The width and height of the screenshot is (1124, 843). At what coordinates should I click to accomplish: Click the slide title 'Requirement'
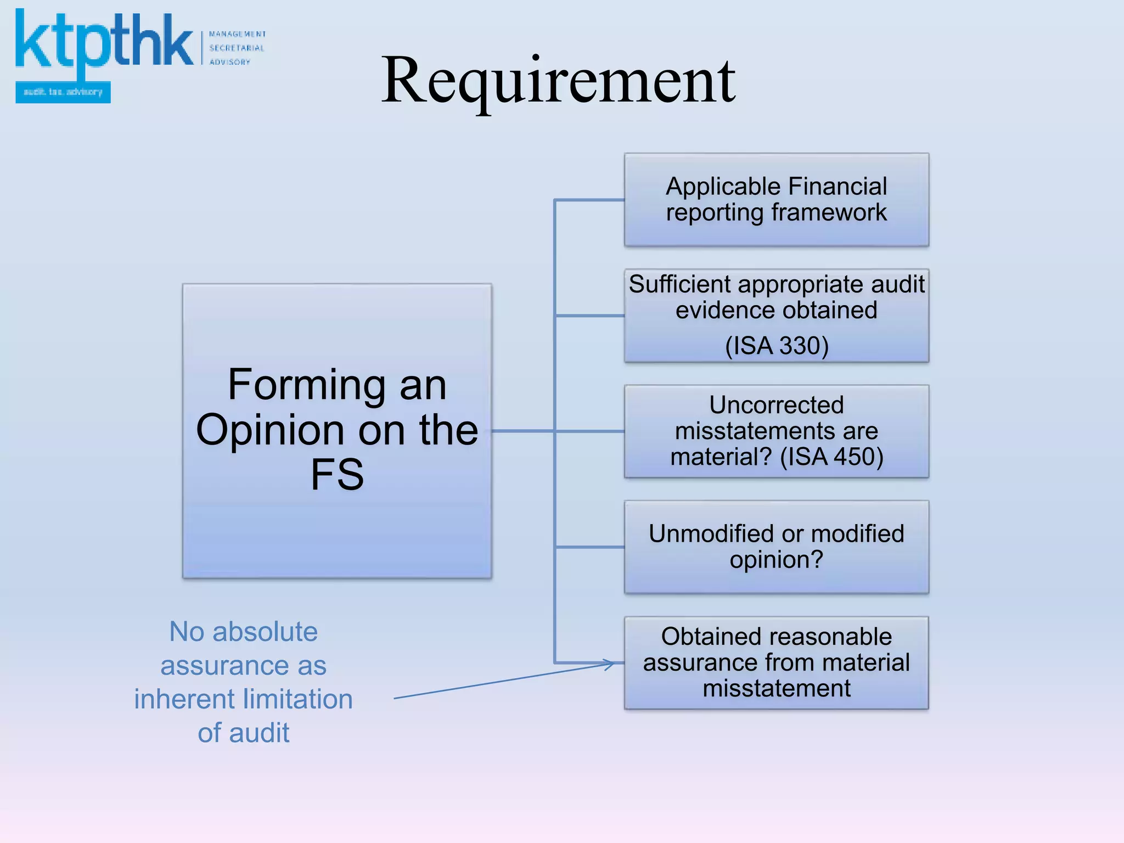tap(558, 81)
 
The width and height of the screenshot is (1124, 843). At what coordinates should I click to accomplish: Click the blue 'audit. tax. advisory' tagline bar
tap(63, 92)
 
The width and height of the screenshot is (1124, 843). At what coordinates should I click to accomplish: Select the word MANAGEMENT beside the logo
tap(237, 34)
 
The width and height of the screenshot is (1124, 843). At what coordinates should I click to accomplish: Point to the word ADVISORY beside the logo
tap(229, 62)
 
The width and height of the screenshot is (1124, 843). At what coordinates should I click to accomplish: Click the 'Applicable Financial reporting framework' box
tap(776, 200)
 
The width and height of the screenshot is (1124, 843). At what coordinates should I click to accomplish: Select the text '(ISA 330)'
tap(777, 346)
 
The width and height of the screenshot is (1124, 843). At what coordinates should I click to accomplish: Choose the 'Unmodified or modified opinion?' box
tap(776, 547)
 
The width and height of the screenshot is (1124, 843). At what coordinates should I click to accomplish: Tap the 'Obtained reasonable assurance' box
tap(776, 662)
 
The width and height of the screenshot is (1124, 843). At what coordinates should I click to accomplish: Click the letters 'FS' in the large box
tap(337, 474)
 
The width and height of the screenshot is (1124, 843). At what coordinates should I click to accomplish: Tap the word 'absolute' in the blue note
tap(265, 632)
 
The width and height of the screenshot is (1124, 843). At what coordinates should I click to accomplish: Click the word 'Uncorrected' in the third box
tap(776, 405)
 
